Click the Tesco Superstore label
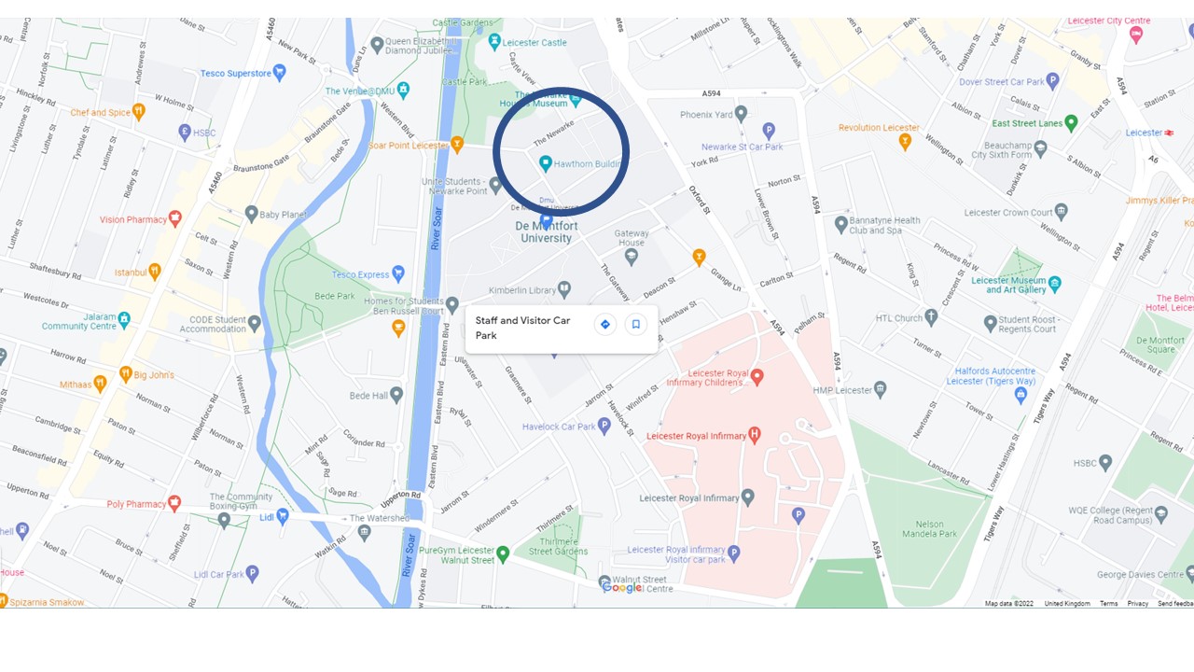pos(235,73)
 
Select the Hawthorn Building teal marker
pos(546,163)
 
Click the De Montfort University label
pos(546,231)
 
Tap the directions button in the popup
pos(605,325)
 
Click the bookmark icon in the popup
pos(636,325)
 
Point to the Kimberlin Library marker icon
pos(563,290)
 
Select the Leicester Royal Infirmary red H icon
pos(755,435)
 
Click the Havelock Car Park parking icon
pos(604,427)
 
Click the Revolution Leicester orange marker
pos(905,142)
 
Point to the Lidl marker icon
pos(283,515)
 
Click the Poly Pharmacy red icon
pos(174,504)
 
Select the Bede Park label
pos(333,297)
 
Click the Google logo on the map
pos(622,587)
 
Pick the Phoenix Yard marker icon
pos(741,115)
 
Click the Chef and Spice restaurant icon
pos(139,113)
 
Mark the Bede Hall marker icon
pos(396,396)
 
